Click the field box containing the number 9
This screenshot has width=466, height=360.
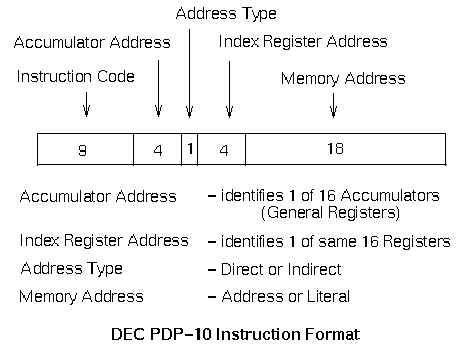85,150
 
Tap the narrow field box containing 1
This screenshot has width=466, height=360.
189,150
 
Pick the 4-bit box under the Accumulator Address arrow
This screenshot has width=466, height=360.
157,150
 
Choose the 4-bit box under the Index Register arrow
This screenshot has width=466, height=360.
221,150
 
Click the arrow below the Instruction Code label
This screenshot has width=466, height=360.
86,103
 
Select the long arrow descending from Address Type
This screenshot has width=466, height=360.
190,70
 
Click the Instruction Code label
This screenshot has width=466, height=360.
75,76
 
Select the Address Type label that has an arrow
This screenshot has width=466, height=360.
226,14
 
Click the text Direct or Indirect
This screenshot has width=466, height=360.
278,269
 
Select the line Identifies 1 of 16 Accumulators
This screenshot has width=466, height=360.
322,196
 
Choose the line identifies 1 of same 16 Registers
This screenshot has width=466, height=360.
328,242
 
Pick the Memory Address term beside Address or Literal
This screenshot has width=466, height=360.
81,296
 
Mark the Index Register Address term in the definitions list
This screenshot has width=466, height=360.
103,241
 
